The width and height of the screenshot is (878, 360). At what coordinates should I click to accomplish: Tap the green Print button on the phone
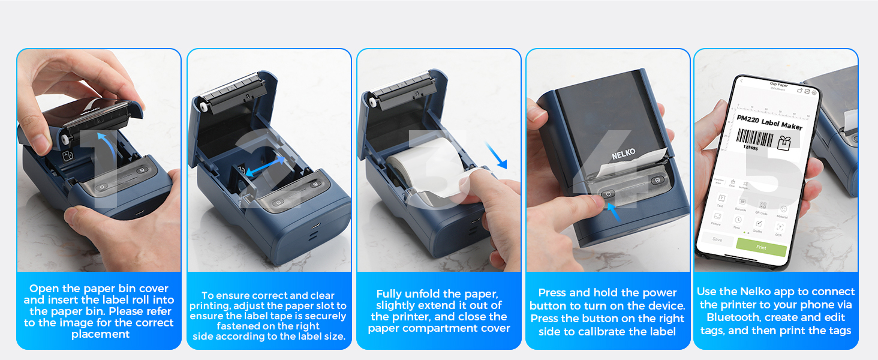click(760, 247)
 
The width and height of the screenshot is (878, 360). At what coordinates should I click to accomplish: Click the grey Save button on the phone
click(717, 239)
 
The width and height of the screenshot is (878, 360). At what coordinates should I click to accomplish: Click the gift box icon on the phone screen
click(784, 143)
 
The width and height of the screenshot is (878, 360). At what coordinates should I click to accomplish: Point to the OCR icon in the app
click(779, 229)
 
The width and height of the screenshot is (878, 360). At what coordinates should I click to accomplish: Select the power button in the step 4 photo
click(608, 194)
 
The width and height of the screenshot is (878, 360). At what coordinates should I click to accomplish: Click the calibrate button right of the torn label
click(657, 180)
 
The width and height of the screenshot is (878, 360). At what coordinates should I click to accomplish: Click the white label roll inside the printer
click(420, 165)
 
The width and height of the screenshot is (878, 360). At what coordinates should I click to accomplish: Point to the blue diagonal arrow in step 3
click(496, 155)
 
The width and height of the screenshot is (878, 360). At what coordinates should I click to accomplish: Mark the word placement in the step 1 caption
click(100, 334)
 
